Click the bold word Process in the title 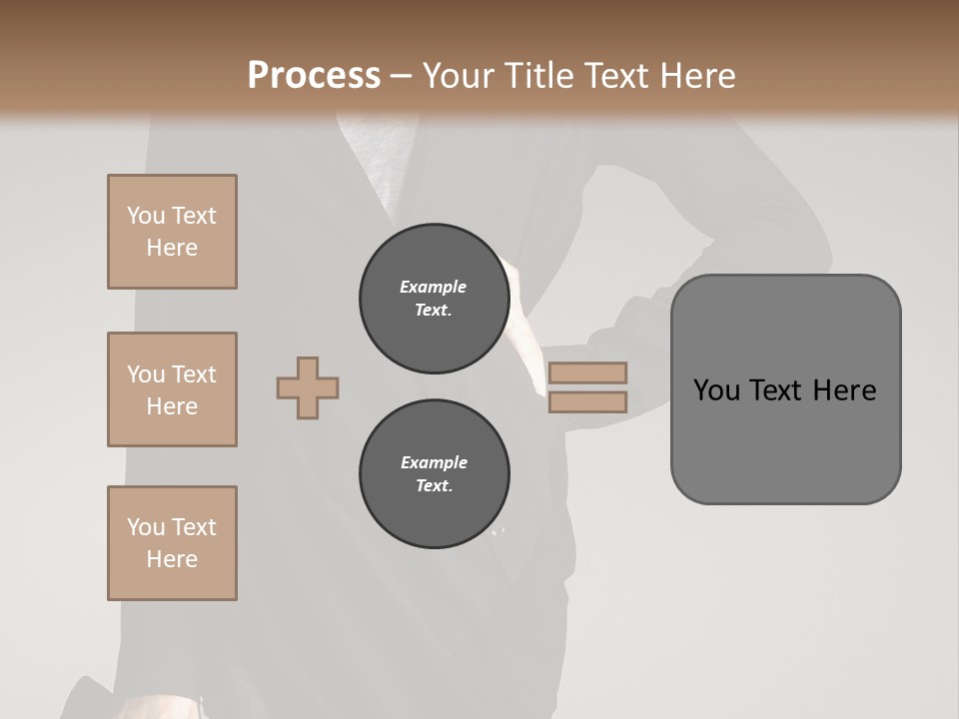click(314, 76)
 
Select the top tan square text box click(172, 232)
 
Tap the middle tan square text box click(172, 389)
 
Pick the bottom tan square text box click(172, 543)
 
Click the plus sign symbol click(308, 387)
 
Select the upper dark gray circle click(434, 299)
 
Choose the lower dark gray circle click(434, 474)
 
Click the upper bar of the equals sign click(587, 372)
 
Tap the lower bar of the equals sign click(587, 401)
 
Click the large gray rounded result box click(785, 439)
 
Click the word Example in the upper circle click(433, 287)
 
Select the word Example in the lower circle click(434, 462)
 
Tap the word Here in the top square click(172, 248)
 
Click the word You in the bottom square click(146, 527)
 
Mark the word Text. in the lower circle click(434, 486)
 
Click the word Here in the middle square click(172, 406)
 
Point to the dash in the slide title click(401, 76)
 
